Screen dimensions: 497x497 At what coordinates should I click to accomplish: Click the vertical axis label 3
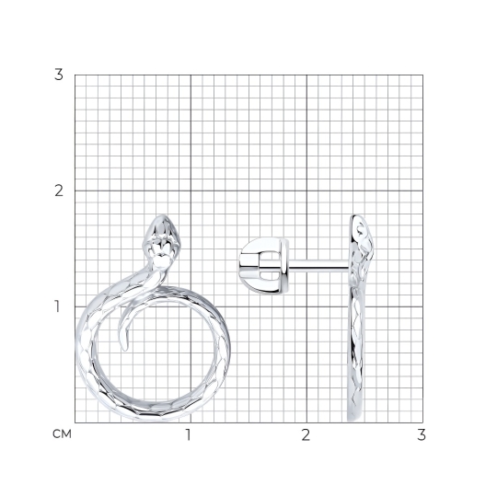coord(59,75)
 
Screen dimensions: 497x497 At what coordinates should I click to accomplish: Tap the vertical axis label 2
coord(59,191)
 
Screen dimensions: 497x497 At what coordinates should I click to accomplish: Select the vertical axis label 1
coord(57,306)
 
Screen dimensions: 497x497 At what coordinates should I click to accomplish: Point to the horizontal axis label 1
coord(189,435)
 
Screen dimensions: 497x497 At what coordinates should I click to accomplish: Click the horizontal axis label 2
coord(306,435)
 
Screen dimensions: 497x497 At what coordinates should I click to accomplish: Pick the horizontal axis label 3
coord(422,435)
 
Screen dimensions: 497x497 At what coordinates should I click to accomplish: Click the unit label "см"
coord(63,433)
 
